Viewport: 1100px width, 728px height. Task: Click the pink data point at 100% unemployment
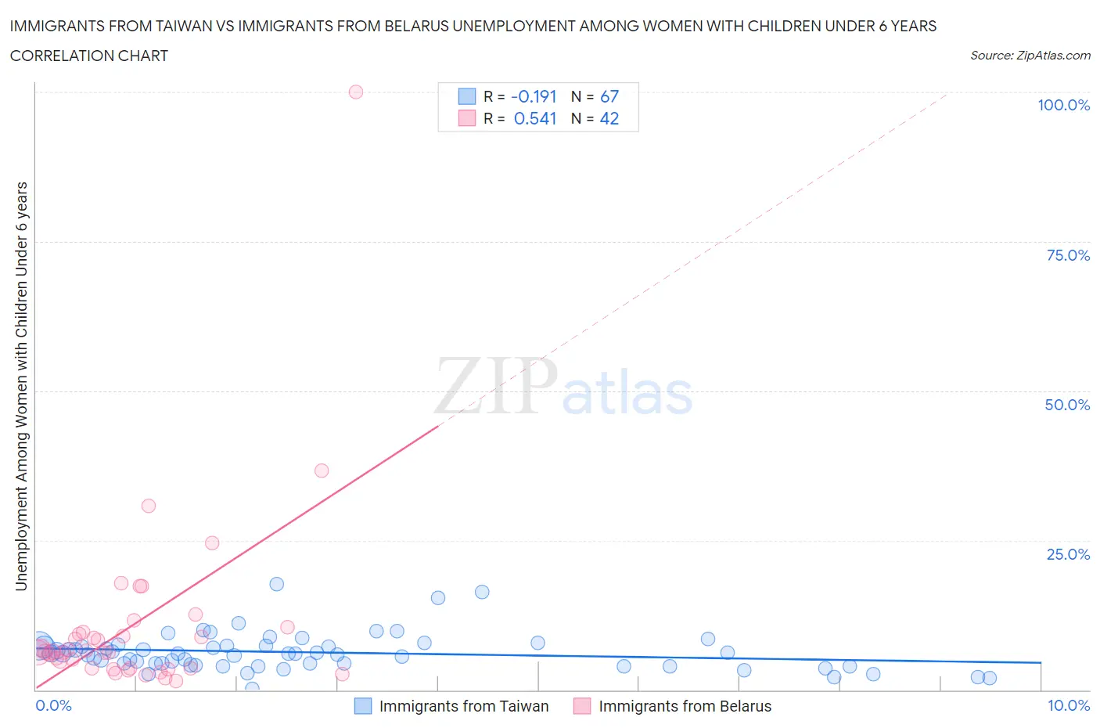click(x=356, y=92)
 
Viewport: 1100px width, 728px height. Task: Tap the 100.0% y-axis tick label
click(x=1063, y=105)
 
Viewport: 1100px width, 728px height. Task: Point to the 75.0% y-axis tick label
click(x=1068, y=255)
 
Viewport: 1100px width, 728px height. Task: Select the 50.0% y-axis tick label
click(x=1067, y=405)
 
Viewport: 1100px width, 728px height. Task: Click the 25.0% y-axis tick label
click(x=1068, y=554)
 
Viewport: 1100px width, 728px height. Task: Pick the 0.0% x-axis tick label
click(x=53, y=705)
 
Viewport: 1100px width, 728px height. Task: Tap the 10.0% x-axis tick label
click(x=1069, y=705)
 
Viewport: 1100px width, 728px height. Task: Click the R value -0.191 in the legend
click(x=534, y=96)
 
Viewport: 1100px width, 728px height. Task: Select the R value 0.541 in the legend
click(x=535, y=118)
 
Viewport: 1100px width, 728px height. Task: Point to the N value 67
click(x=609, y=96)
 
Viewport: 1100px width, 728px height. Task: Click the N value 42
click(x=609, y=118)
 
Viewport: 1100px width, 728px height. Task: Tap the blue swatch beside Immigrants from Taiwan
click(x=363, y=706)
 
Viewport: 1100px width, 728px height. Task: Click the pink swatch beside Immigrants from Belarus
click(x=582, y=706)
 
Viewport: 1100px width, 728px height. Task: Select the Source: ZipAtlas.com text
click(x=1030, y=56)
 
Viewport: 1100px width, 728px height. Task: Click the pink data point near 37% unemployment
click(x=322, y=470)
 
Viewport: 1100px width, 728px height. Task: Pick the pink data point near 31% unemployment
click(x=149, y=506)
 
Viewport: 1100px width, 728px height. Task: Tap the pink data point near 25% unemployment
click(x=212, y=542)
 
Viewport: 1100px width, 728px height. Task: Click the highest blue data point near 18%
click(x=276, y=584)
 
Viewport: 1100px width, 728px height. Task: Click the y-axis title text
click(x=21, y=386)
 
